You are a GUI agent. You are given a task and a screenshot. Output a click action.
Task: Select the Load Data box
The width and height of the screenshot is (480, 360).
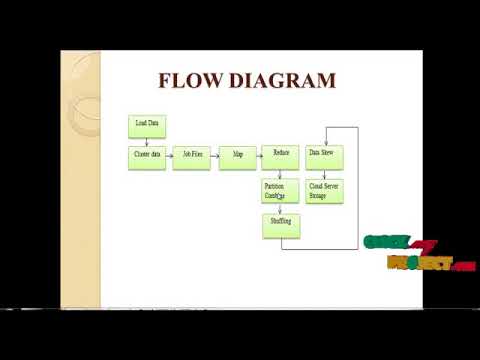[x=146, y=126]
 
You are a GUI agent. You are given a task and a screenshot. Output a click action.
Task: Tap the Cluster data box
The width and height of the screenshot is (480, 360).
[x=147, y=158]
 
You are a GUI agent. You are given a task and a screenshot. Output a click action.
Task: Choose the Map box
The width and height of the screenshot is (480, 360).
[x=237, y=158]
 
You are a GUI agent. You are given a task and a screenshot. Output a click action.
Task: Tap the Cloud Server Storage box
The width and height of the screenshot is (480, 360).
[x=324, y=192]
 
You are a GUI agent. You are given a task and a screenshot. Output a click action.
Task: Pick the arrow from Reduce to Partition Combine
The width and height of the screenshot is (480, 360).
[x=280, y=175]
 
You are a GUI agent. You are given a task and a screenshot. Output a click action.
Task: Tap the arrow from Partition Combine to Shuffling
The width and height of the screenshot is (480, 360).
[x=280, y=209]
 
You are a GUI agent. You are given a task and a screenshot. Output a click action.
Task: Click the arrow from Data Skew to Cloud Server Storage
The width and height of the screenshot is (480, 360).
[x=323, y=175]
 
